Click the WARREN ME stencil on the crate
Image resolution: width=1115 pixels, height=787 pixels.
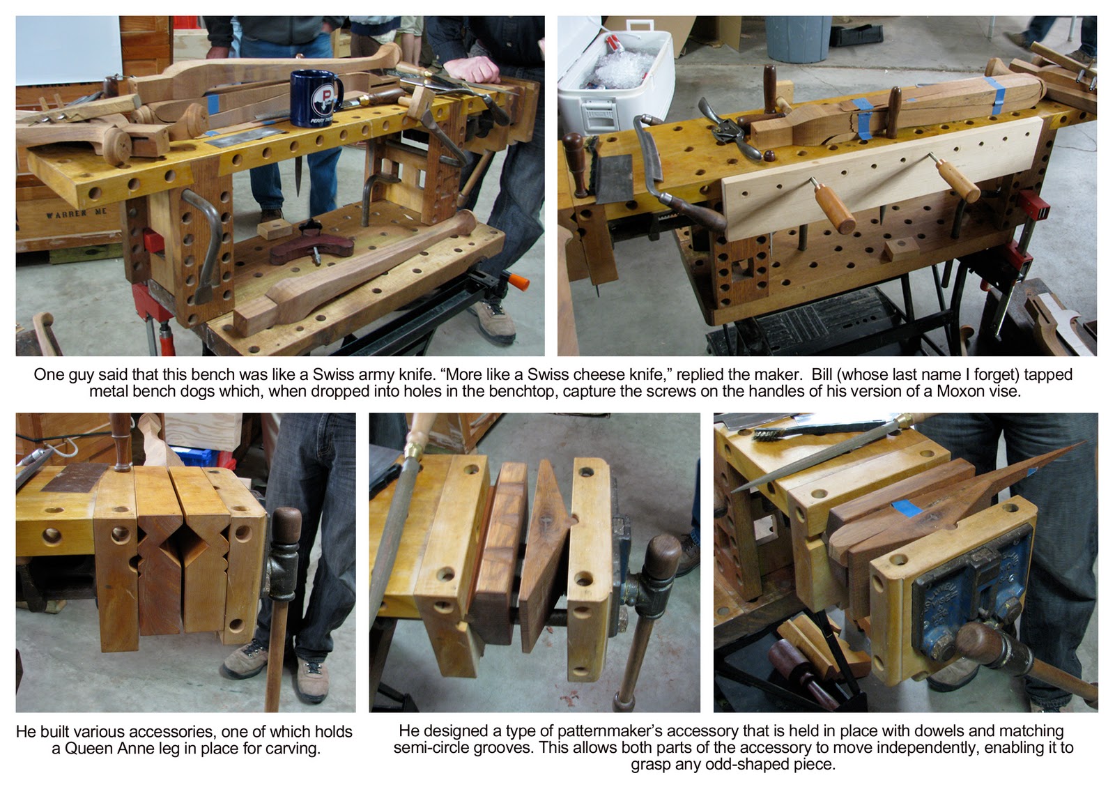tap(77, 213)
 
